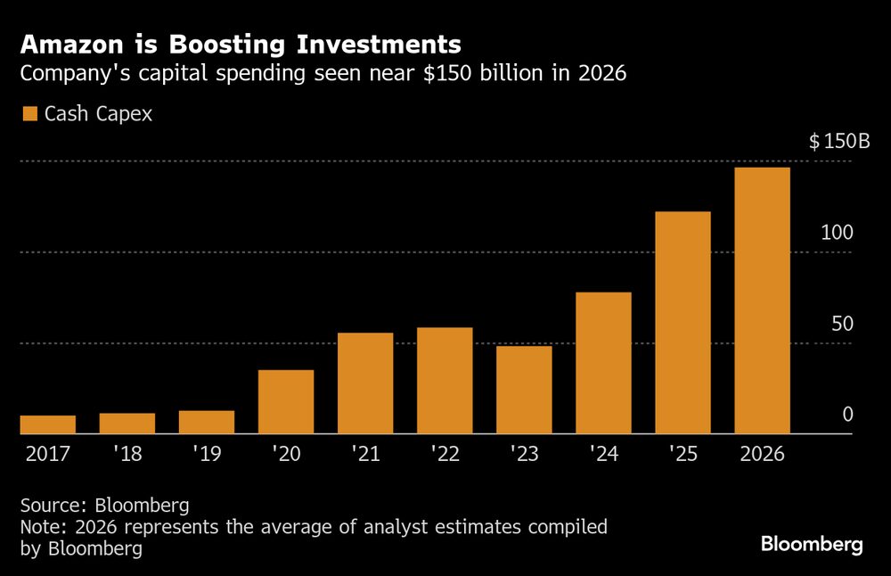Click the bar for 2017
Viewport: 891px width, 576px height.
coord(47,425)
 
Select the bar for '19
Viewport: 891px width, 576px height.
coord(206,423)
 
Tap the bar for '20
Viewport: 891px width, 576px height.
coord(285,402)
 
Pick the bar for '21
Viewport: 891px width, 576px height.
coord(365,383)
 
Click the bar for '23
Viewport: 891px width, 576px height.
coord(524,390)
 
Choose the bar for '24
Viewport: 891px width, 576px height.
coord(603,363)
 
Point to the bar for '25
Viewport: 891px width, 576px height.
coord(683,323)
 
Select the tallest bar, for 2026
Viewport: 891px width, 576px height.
coord(762,300)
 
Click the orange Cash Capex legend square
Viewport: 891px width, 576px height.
coord(30,114)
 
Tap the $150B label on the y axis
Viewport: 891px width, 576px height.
coord(838,142)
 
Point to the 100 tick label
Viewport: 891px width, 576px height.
coord(838,233)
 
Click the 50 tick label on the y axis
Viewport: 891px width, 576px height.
coord(842,324)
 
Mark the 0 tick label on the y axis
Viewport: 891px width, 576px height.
coord(847,415)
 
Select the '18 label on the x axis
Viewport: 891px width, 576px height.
coord(127,454)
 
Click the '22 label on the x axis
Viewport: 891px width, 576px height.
coord(445,454)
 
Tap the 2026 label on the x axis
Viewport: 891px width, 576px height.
coord(762,454)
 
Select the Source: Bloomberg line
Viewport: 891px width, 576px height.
coord(104,505)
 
